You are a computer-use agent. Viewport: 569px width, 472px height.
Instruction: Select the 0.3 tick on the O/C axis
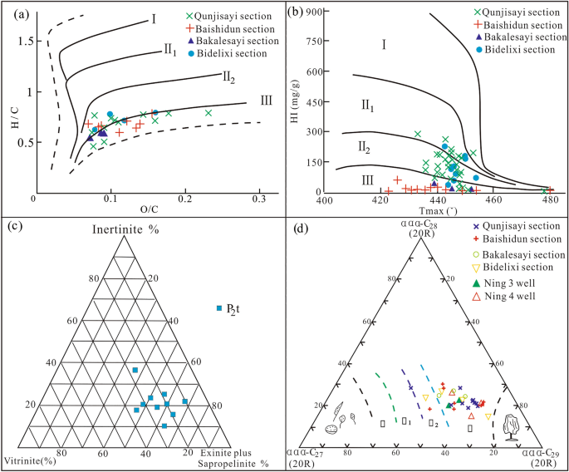point(260,200)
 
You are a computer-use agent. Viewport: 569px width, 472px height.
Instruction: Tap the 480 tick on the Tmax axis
point(549,200)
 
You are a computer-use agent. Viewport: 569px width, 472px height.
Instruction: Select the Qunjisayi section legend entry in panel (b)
point(522,12)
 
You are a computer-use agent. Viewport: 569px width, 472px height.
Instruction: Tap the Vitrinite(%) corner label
point(29,460)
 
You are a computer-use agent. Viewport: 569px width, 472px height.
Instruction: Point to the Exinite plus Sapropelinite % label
point(228,457)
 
